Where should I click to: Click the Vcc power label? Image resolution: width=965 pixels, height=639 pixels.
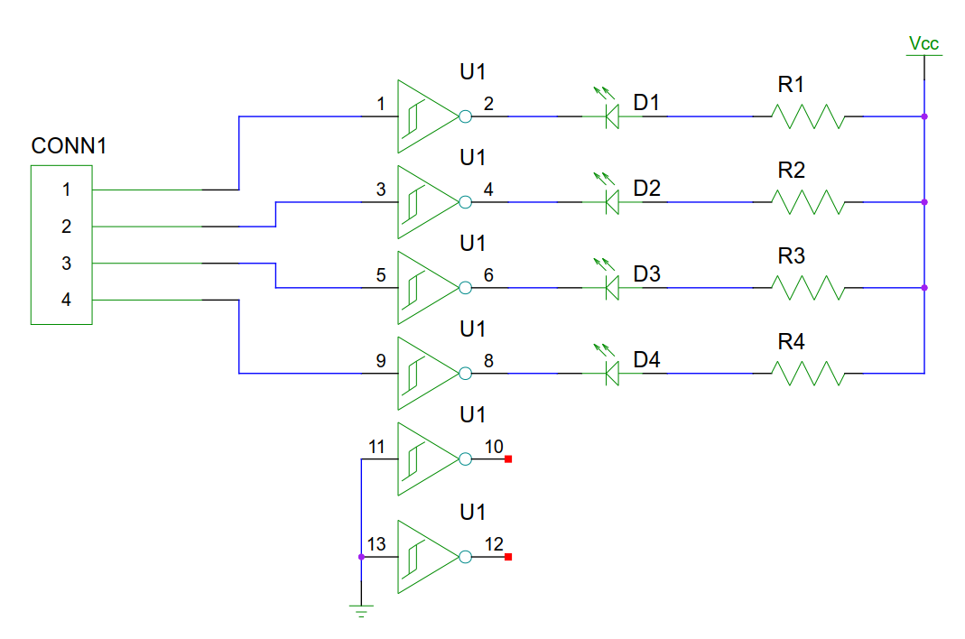[923, 43]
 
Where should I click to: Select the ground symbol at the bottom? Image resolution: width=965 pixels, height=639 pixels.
[361, 611]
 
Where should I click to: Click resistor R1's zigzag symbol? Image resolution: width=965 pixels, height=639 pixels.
[808, 116]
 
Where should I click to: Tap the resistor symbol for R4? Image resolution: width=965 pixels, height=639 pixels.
[808, 374]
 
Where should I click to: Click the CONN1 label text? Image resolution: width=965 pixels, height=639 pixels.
[69, 145]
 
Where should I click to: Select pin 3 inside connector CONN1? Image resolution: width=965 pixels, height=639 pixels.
[66, 264]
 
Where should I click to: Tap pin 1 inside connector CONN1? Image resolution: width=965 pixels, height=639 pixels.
[66, 190]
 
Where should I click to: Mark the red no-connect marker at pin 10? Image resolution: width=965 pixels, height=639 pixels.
[508, 459]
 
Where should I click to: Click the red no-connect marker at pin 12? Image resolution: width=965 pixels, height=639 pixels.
[508, 557]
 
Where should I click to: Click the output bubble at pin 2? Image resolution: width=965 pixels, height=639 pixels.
[465, 116]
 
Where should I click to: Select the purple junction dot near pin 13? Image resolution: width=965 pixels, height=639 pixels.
[361, 557]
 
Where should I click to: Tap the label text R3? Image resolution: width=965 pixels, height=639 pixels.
[791, 256]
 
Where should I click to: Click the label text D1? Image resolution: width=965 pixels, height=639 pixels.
[646, 104]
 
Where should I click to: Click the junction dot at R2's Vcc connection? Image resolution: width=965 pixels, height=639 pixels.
[923, 202]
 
